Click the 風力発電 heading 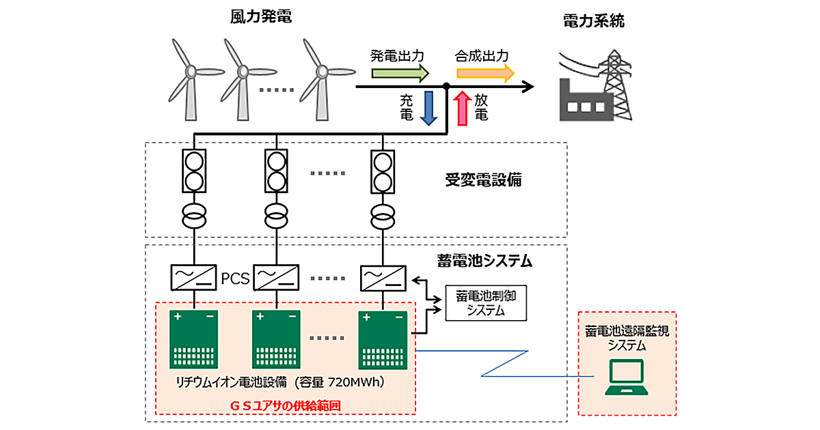pyautogui.click(x=260, y=17)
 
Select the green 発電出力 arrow pyautogui.click(x=400, y=72)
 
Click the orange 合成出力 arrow pyautogui.click(x=484, y=72)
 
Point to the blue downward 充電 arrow pyautogui.click(x=429, y=107)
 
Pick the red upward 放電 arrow pyautogui.click(x=463, y=107)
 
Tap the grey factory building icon pyautogui.click(x=580, y=102)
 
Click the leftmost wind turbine pyautogui.click(x=191, y=78)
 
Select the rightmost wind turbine pyautogui.click(x=322, y=78)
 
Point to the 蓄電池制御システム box pyautogui.click(x=486, y=302)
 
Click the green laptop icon pyautogui.click(x=627, y=379)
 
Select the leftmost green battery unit pyautogui.click(x=194, y=339)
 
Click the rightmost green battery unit pyautogui.click(x=383, y=339)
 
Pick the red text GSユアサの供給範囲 pyautogui.click(x=285, y=405)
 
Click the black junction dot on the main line pyautogui.click(x=446, y=87)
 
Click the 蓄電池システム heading pyautogui.click(x=484, y=260)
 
